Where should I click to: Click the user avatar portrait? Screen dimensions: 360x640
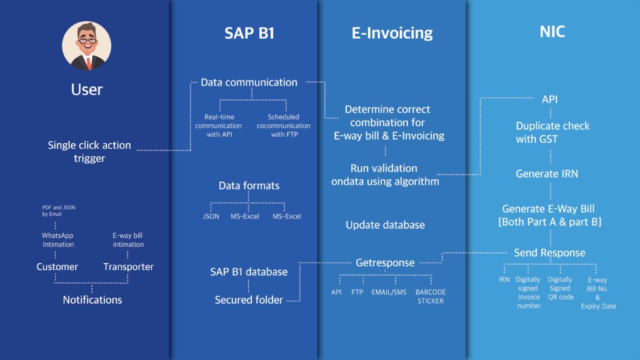pyautogui.click(x=86, y=46)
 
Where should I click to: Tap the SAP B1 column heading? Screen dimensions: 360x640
pyautogui.click(x=249, y=33)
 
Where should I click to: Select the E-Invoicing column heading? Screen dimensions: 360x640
pyautogui.click(x=392, y=33)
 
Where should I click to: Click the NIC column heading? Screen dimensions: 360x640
pyautogui.click(x=552, y=32)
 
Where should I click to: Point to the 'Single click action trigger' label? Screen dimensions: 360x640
pyautogui.click(x=89, y=152)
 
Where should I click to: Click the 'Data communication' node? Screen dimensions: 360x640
pyautogui.click(x=249, y=82)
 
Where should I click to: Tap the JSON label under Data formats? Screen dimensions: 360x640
pyautogui.click(x=211, y=216)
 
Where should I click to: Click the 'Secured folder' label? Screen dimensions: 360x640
pyautogui.click(x=249, y=300)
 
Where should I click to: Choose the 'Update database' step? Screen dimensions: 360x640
pyautogui.click(x=385, y=225)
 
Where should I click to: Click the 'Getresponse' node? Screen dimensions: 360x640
pyautogui.click(x=385, y=263)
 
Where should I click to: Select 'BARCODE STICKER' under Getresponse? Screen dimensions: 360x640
pyautogui.click(x=431, y=296)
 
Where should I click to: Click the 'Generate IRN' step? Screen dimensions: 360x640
pyautogui.click(x=547, y=174)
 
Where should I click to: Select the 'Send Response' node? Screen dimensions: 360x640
pyautogui.click(x=549, y=253)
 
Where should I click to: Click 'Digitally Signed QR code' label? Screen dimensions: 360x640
pyautogui.click(x=560, y=288)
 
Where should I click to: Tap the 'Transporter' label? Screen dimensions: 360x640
pyautogui.click(x=128, y=267)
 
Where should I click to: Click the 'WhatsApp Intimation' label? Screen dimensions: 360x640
pyautogui.click(x=57, y=240)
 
